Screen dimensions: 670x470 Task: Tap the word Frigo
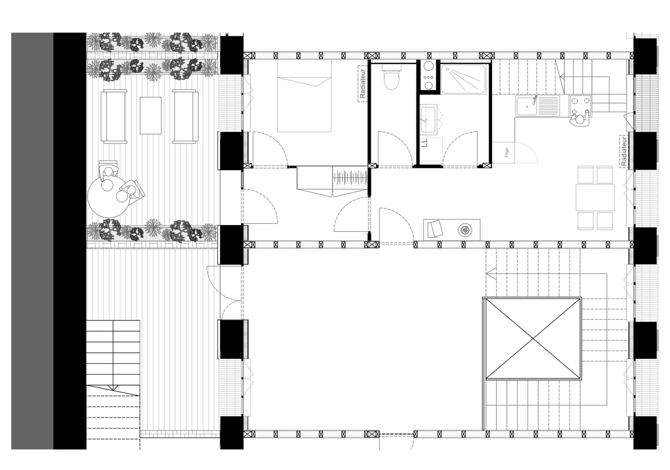point(506,152)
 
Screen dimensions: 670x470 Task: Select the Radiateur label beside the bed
point(362,84)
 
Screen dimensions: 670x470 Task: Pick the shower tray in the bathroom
point(463,79)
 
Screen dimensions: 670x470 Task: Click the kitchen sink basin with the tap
point(527,105)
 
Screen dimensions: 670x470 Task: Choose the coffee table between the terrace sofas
point(150,116)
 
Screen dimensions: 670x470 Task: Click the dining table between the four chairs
point(595,198)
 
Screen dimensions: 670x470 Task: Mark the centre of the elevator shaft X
point(533,339)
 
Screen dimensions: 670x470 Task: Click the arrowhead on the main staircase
point(491,274)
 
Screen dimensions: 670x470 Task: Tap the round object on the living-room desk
point(464,229)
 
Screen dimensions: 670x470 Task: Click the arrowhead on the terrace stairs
point(113,387)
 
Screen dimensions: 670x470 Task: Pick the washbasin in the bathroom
point(429,119)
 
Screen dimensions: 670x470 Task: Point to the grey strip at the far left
point(32,241)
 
